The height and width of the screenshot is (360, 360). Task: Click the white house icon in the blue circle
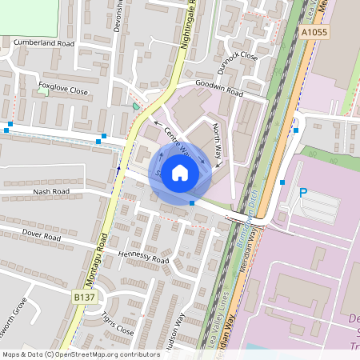point(180,173)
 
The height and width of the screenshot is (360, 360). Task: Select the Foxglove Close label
point(63,90)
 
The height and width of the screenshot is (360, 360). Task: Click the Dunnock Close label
point(237,56)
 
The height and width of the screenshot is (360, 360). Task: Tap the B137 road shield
point(84,297)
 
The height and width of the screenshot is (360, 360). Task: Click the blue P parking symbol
point(302,192)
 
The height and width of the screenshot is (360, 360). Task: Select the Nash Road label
point(51,192)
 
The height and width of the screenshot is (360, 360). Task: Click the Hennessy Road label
point(143,257)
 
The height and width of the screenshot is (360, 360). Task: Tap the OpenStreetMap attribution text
point(81,354)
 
